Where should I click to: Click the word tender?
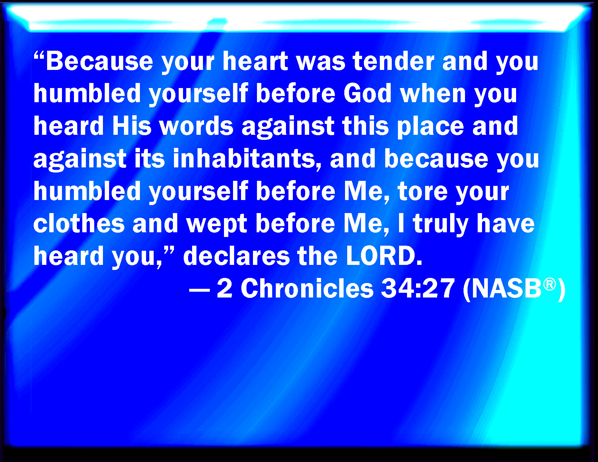coord(394,61)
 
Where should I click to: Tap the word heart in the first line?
coord(256,61)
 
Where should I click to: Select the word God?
coord(367,93)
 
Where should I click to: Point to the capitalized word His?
coord(132,126)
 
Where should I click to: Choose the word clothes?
coord(79,223)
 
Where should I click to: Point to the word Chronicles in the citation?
coord(307,288)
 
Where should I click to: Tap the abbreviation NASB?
coord(507,288)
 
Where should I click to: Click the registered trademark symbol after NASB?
coord(549,284)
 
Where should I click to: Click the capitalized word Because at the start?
coord(99,61)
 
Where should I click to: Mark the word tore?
coord(423,191)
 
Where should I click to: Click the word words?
coord(196,126)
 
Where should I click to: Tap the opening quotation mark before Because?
coord(39,57)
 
